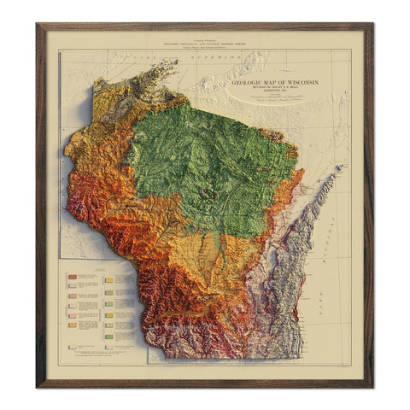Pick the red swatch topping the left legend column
(74, 277)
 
